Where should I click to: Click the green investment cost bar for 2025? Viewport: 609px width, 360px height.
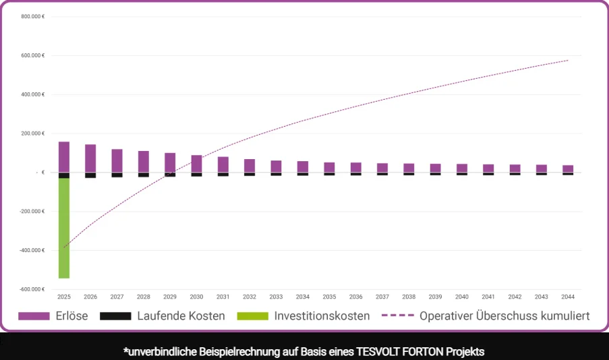tap(64, 228)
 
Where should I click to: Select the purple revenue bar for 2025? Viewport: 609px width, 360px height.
tap(64, 157)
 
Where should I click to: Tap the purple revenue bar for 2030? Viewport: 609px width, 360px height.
tap(196, 164)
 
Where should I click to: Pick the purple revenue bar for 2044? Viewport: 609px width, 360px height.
tap(568, 169)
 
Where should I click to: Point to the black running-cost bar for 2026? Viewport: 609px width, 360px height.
tap(90, 175)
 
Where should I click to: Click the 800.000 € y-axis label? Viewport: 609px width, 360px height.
tap(32, 16)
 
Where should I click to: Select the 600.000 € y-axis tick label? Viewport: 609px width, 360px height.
tap(32, 55)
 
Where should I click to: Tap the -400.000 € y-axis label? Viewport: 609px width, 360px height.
tap(32, 250)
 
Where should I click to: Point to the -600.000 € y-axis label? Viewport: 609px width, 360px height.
tap(32, 289)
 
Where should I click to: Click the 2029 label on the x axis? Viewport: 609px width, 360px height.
tap(170, 297)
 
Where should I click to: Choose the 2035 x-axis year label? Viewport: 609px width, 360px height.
tap(329, 297)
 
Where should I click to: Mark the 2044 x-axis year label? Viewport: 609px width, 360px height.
tap(568, 297)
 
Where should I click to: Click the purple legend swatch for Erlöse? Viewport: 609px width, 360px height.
tap(34, 316)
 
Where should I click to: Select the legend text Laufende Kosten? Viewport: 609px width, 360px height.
tap(181, 316)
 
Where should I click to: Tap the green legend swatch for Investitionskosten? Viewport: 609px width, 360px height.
tap(252, 316)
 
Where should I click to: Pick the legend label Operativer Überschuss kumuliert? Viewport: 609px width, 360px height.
tap(504, 316)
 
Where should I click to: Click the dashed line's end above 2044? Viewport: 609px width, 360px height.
tap(568, 60)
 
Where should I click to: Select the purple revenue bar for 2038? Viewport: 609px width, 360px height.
tap(409, 168)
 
